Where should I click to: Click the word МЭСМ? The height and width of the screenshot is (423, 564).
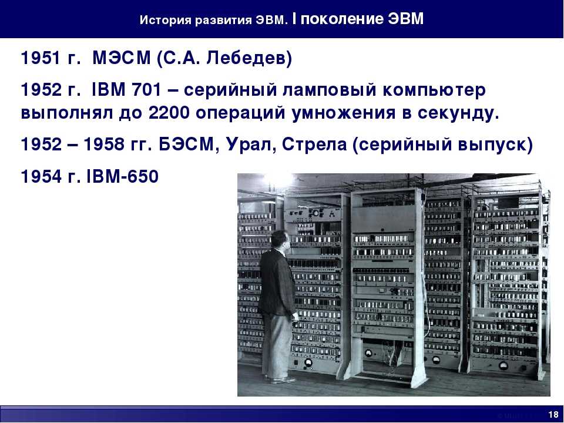point(122,58)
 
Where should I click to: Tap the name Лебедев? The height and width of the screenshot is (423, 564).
point(249,58)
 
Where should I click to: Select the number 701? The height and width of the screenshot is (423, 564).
point(147,89)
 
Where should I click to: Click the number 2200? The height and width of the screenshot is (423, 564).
point(169,113)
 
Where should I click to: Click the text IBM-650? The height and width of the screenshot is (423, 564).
point(123,176)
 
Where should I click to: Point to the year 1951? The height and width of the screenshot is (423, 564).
point(41,58)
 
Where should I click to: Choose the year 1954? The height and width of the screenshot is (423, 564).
point(41,176)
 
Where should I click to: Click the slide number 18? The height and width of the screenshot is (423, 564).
point(553,414)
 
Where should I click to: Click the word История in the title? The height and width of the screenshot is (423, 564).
point(165,20)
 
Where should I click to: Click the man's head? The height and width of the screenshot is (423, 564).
point(280,241)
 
